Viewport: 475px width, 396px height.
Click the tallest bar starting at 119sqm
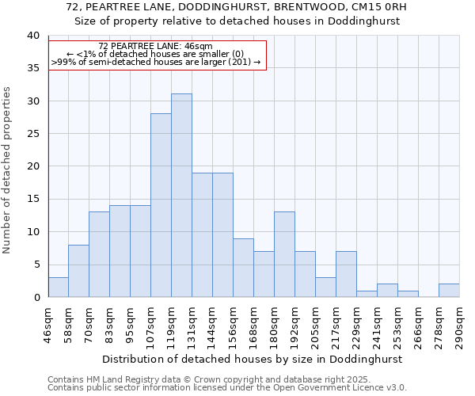pos(181,196)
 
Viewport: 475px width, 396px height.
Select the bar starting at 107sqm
pos(161,205)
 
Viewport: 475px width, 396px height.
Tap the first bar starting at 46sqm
pos(58,287)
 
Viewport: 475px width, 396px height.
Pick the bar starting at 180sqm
pos(284,254)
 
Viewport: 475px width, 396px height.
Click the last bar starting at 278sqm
pos(449,291)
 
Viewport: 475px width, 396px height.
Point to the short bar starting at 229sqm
pos(367,294)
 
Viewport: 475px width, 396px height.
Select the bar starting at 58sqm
pos(78,271)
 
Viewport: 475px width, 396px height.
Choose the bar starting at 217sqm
pos(346,274)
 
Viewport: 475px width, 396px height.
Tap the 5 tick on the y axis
pos(36,265)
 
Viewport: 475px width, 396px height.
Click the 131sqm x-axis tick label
pos(192,324)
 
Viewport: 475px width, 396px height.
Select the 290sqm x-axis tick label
pos(459,324)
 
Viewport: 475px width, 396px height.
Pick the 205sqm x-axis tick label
pos(315,324)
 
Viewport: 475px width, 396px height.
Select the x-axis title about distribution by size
pos(253,359)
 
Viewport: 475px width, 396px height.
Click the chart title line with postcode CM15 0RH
pos(237,7)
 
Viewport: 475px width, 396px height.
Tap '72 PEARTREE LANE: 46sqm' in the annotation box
pos(156,47)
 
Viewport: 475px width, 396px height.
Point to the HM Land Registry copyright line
pos(209,379)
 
